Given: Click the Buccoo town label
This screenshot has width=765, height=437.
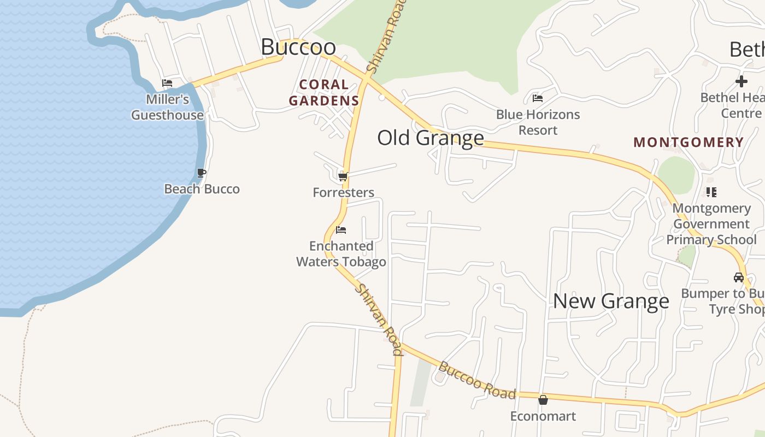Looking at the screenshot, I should [x=298, y=47].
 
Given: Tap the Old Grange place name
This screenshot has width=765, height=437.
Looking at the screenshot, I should [x=431, y=138].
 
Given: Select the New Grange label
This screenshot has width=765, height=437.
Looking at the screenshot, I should [x=611, y=301].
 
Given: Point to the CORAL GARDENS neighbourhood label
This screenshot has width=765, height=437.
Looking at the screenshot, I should [x=324, y=92].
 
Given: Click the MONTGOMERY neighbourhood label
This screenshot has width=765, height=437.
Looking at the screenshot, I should [x=688, y=143].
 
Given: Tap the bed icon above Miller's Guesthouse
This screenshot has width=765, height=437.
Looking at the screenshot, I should [x=167, y=83].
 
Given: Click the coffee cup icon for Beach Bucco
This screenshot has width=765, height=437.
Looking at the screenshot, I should [x=202, y=173].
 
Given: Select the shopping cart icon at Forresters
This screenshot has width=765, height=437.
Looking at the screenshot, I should [x=343, y=176].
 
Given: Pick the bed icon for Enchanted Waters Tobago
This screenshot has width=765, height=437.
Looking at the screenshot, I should [x=341, y=230].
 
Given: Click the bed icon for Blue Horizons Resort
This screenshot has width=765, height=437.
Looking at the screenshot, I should [x=538, y=98].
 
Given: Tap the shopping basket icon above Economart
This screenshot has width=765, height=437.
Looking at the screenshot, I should [x=543, y=400].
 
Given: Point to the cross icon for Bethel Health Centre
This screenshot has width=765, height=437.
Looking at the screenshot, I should [x=741, y=81].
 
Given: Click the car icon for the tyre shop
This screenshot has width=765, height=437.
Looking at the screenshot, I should [x=739, y=277].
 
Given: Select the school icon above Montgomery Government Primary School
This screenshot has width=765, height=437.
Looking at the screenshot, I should [x=711, y=192].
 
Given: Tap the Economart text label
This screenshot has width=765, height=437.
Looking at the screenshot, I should [x=543, y=416].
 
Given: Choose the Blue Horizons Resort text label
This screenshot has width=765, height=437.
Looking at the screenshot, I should [x=538, y=122].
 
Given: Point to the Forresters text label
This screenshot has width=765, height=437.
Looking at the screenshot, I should [x=343, y=192].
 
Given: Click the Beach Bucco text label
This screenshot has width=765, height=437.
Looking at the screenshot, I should [x=202, y=189].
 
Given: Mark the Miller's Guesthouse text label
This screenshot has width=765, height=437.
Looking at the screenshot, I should [x=167, y=107].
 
